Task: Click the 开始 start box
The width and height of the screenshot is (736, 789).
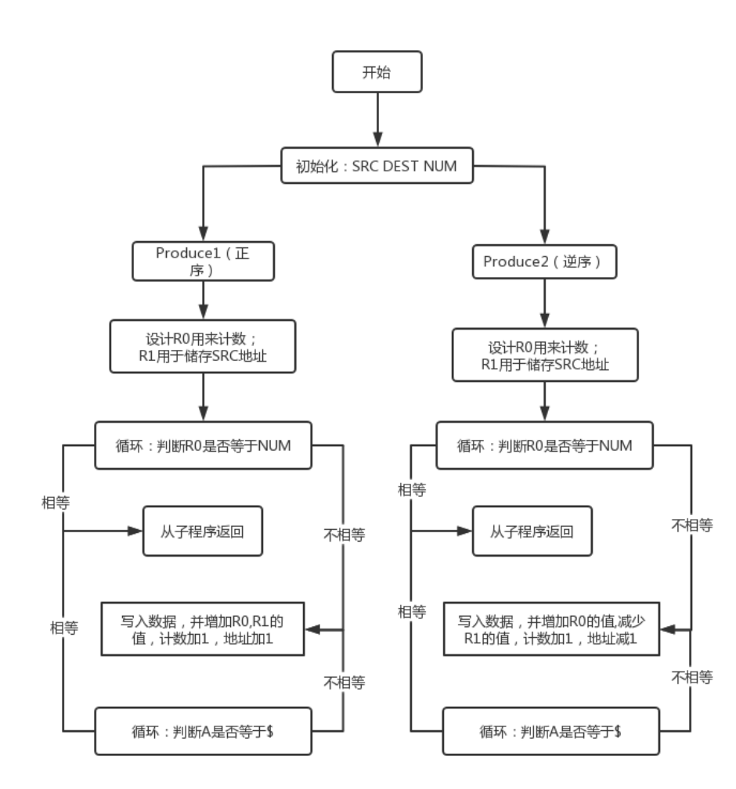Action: coord(377,73)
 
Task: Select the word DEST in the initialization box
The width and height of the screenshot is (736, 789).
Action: coord(400,166)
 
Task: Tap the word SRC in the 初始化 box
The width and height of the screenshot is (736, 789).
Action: coord(365,166)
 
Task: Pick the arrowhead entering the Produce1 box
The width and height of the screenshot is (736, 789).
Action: coord(204,232)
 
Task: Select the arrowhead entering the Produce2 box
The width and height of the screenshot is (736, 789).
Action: coord(544,236)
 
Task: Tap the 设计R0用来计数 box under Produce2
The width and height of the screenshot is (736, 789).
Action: coord(545,356)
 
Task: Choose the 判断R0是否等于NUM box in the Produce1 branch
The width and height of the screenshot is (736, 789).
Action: coord(204,446)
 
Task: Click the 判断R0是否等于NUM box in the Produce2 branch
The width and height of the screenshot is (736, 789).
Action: coord(544,446)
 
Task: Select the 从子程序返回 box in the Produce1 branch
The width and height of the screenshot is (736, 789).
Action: coord(202,531)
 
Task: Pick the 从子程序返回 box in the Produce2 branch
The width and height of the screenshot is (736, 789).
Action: coord(532,531)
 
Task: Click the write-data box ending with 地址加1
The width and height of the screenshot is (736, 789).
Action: coord(202,630)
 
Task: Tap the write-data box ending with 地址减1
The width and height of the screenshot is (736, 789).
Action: coord(551,630)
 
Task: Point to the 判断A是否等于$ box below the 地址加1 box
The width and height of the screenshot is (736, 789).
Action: coord(204,732)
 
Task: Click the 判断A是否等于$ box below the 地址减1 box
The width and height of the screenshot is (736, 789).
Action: coord(550,732)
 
